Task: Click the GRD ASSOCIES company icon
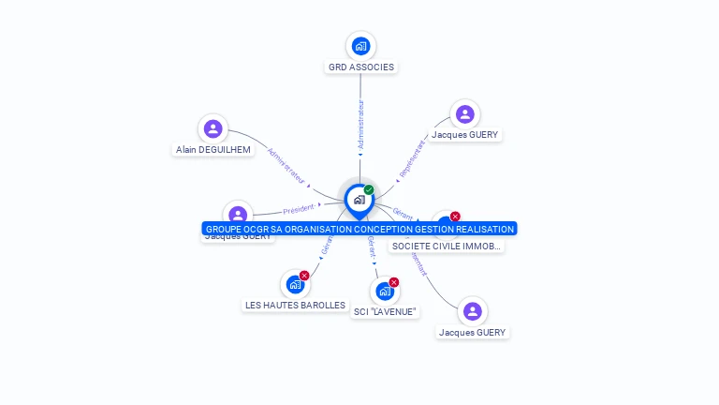click(x=360, y=46)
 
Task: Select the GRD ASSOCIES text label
click(x=360, y=67)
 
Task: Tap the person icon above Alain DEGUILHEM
click(x=213, y=129)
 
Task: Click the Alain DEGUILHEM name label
click(x=213, y=150)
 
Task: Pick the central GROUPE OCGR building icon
click(x=359, y=200)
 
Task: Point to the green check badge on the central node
click(x=369, y=190)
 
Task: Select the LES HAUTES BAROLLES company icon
click(x=295, y=284)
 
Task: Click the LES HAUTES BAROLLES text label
click(x=295, y=306)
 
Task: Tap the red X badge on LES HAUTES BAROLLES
click(x=304, y=276)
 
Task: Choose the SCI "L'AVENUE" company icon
click(x=384, y=291)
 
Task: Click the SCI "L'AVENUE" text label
click(x=384, y=312)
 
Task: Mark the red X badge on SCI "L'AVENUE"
click(x=394, y=282)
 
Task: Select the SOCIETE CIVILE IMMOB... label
click(x=447, y=247)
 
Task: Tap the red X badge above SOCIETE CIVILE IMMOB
click(x=455, y=217)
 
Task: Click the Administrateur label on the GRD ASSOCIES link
click(x=360, y=121)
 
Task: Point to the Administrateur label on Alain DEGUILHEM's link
click(x=286, y=165)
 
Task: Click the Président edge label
click(x=299, y=209)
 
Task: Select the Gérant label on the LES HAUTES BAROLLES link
click(x=326, y=245)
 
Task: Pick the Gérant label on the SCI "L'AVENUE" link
click(x=373, y=247)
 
